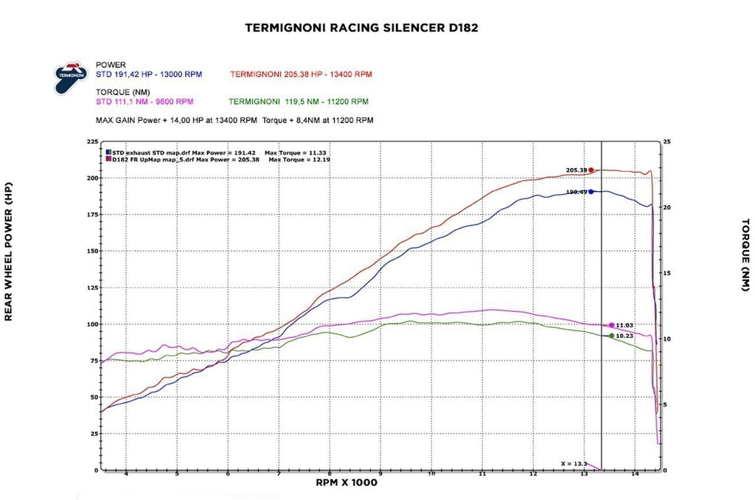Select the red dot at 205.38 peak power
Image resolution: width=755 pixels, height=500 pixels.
[591, 170]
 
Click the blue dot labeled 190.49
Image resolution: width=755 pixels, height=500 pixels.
[591, 192]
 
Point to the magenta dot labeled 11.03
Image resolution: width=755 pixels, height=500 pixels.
[611, 325]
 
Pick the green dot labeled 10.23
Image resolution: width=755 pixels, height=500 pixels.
[611, 336]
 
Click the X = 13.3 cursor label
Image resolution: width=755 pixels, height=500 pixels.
[574, 463]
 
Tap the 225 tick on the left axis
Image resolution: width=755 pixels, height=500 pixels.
[91, 142]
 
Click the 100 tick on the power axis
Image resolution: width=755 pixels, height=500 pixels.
[91, 324]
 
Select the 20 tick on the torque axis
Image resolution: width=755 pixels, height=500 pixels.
[667, 207]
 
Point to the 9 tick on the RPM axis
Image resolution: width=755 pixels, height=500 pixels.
[380, 475]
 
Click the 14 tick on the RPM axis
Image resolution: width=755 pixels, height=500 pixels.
[635, 475]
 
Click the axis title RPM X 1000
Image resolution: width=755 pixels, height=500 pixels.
[346, 483]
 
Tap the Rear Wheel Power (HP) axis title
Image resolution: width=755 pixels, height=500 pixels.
[9, 251]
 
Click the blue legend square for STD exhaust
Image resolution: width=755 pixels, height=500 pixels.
[108, 152]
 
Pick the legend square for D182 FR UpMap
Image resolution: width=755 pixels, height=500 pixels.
[108, 159]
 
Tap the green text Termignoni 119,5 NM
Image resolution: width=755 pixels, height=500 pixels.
[299, 102]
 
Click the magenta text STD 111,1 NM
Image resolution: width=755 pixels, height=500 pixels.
[145, 102]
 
